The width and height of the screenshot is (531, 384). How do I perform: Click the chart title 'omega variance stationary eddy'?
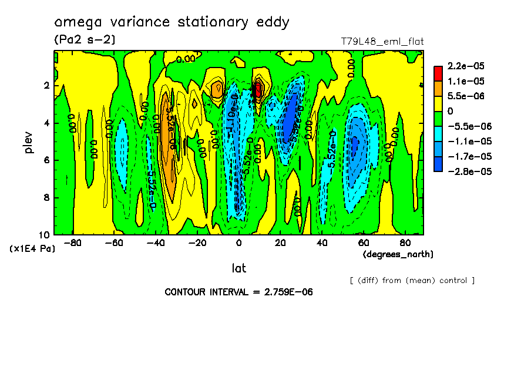pyautogui.click(x=172, y=23)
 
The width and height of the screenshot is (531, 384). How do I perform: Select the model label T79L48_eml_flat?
pyautogui.click(x=382, y=42)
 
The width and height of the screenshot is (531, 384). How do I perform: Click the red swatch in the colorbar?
pyautogui.click(x=438, y=73)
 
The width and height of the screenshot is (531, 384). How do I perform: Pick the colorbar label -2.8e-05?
pyautogui.click(x=468, y=171)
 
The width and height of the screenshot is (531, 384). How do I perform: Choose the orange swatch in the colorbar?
pyautogui.click(x=438, y=88)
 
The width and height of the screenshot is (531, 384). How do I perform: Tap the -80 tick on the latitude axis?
pyautogui.click(x=72, y=243)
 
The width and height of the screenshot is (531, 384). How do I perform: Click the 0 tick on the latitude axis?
pyautogui.click(x=238, y=243)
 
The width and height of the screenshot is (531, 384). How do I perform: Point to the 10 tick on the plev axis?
pyautogui.click(x=46, y=234)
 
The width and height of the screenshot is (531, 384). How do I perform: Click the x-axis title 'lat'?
pyautogui.click(x=238, y=268)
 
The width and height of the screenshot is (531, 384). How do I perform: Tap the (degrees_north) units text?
pyautogui.click(x=398, y=254)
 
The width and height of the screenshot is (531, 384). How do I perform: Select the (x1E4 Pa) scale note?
pyautogui.click(x=32, y=249)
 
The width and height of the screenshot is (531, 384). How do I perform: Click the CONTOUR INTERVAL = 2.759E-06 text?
pyautogui.click(x=234, y=292)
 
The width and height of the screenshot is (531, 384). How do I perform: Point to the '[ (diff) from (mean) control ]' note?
pyautogui.click(x=412, y=280)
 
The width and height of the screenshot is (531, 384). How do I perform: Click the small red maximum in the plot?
pyautogui.click(x=257, y=90)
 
